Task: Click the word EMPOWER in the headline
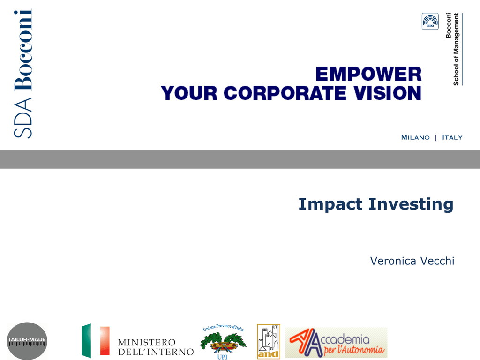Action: coord(368,74)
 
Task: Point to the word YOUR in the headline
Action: coord(189,93)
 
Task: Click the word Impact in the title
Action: coord(330,204)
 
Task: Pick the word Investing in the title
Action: coord(411,204)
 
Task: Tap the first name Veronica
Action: coord(393,261)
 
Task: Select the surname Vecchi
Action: coord(437,261)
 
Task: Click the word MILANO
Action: coord(415,137)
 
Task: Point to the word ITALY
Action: coord(452,137)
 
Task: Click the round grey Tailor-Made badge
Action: coord(27,341)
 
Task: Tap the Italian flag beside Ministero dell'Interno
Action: coord(96,341)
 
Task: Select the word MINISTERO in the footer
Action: coord(147,342)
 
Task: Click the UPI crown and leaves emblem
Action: coord(223,342)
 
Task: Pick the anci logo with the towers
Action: coord(269,341)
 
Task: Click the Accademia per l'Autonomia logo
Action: coord(337,343)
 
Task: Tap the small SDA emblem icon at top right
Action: coord(430,22)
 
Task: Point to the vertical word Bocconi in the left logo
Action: coord(23,50)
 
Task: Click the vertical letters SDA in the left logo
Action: coord(23,118)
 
